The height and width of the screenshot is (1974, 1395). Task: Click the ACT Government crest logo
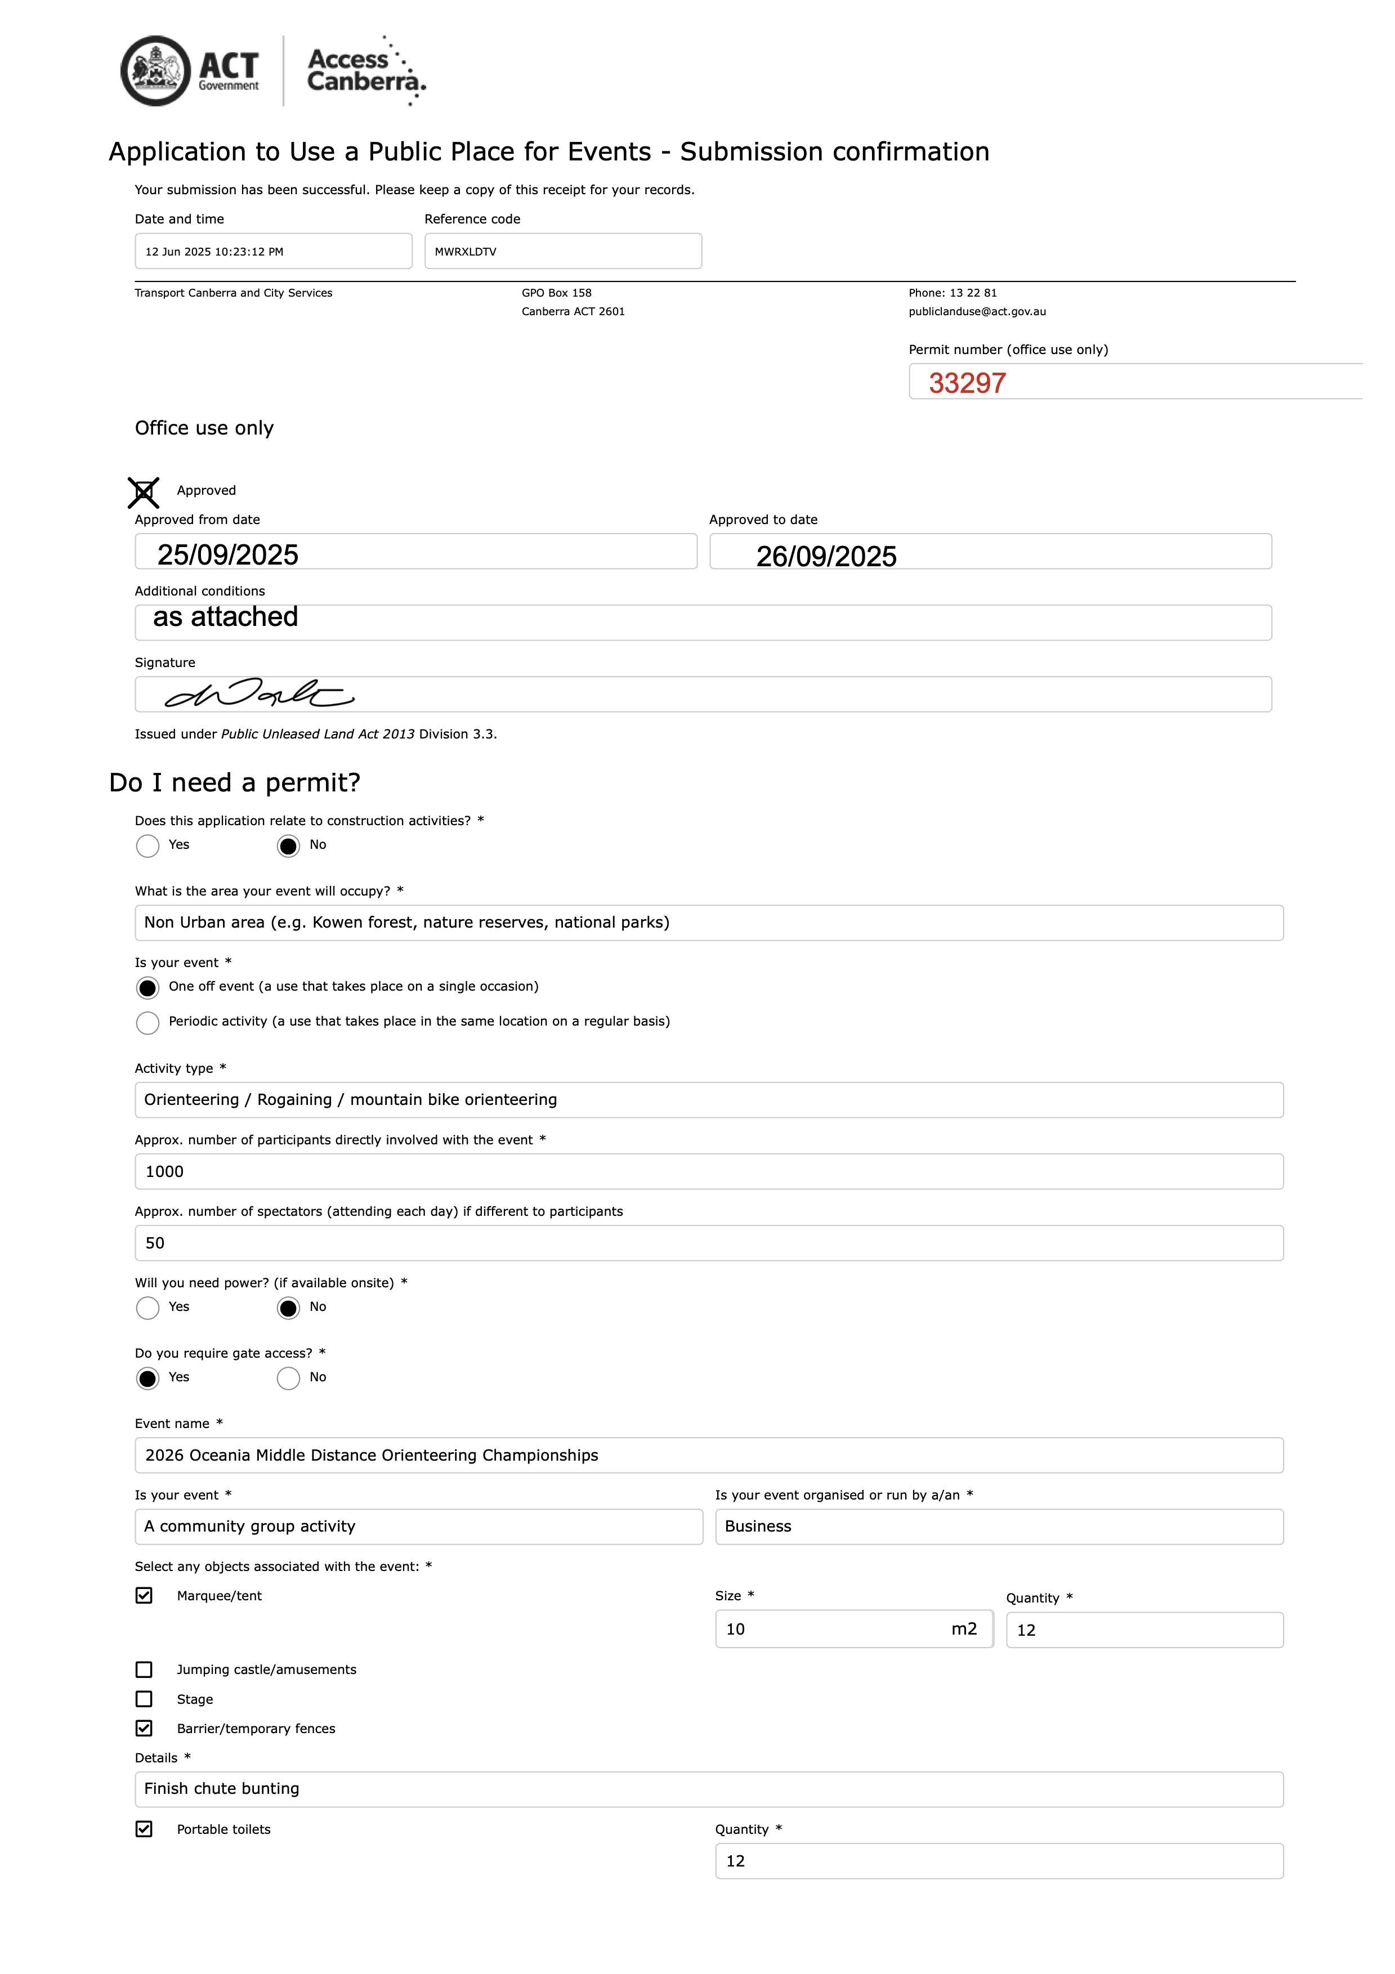(156, 71)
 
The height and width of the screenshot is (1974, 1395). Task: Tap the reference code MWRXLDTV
(466, 252)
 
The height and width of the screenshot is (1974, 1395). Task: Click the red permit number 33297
(967, 383)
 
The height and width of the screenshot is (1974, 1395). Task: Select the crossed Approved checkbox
(144, 493)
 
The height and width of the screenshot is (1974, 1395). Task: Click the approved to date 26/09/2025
(826, 556)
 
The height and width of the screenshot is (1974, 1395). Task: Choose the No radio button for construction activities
(288, 846)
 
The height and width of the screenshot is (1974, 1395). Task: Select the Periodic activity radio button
(148, 1022)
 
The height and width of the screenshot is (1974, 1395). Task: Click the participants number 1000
(164, 1172)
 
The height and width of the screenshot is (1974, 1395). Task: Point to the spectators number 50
(155, 1243)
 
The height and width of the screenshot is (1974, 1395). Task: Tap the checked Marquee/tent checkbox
(145, 1596)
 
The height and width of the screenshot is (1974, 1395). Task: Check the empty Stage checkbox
(145, 1700)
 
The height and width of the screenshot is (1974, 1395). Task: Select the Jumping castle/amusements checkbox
(145, 1669)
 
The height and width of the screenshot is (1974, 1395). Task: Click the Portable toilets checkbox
(145, 1829)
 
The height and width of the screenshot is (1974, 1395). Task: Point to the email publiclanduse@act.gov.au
(977, 312)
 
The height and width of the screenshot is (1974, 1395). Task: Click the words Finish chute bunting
(222, 1789)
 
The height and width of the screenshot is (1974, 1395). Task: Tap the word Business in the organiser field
(758, 1527)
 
